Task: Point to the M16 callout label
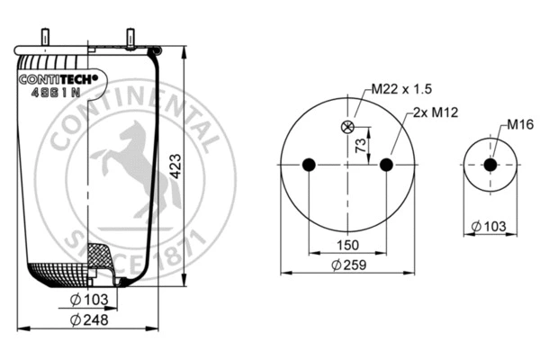[520, 124]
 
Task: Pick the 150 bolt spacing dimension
[347, 245]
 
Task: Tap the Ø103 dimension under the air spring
[87, 297]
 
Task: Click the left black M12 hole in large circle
[309, 165]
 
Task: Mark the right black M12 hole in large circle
[386, 165]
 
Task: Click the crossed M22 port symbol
[347, 127]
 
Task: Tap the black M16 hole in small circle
[490, 165]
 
